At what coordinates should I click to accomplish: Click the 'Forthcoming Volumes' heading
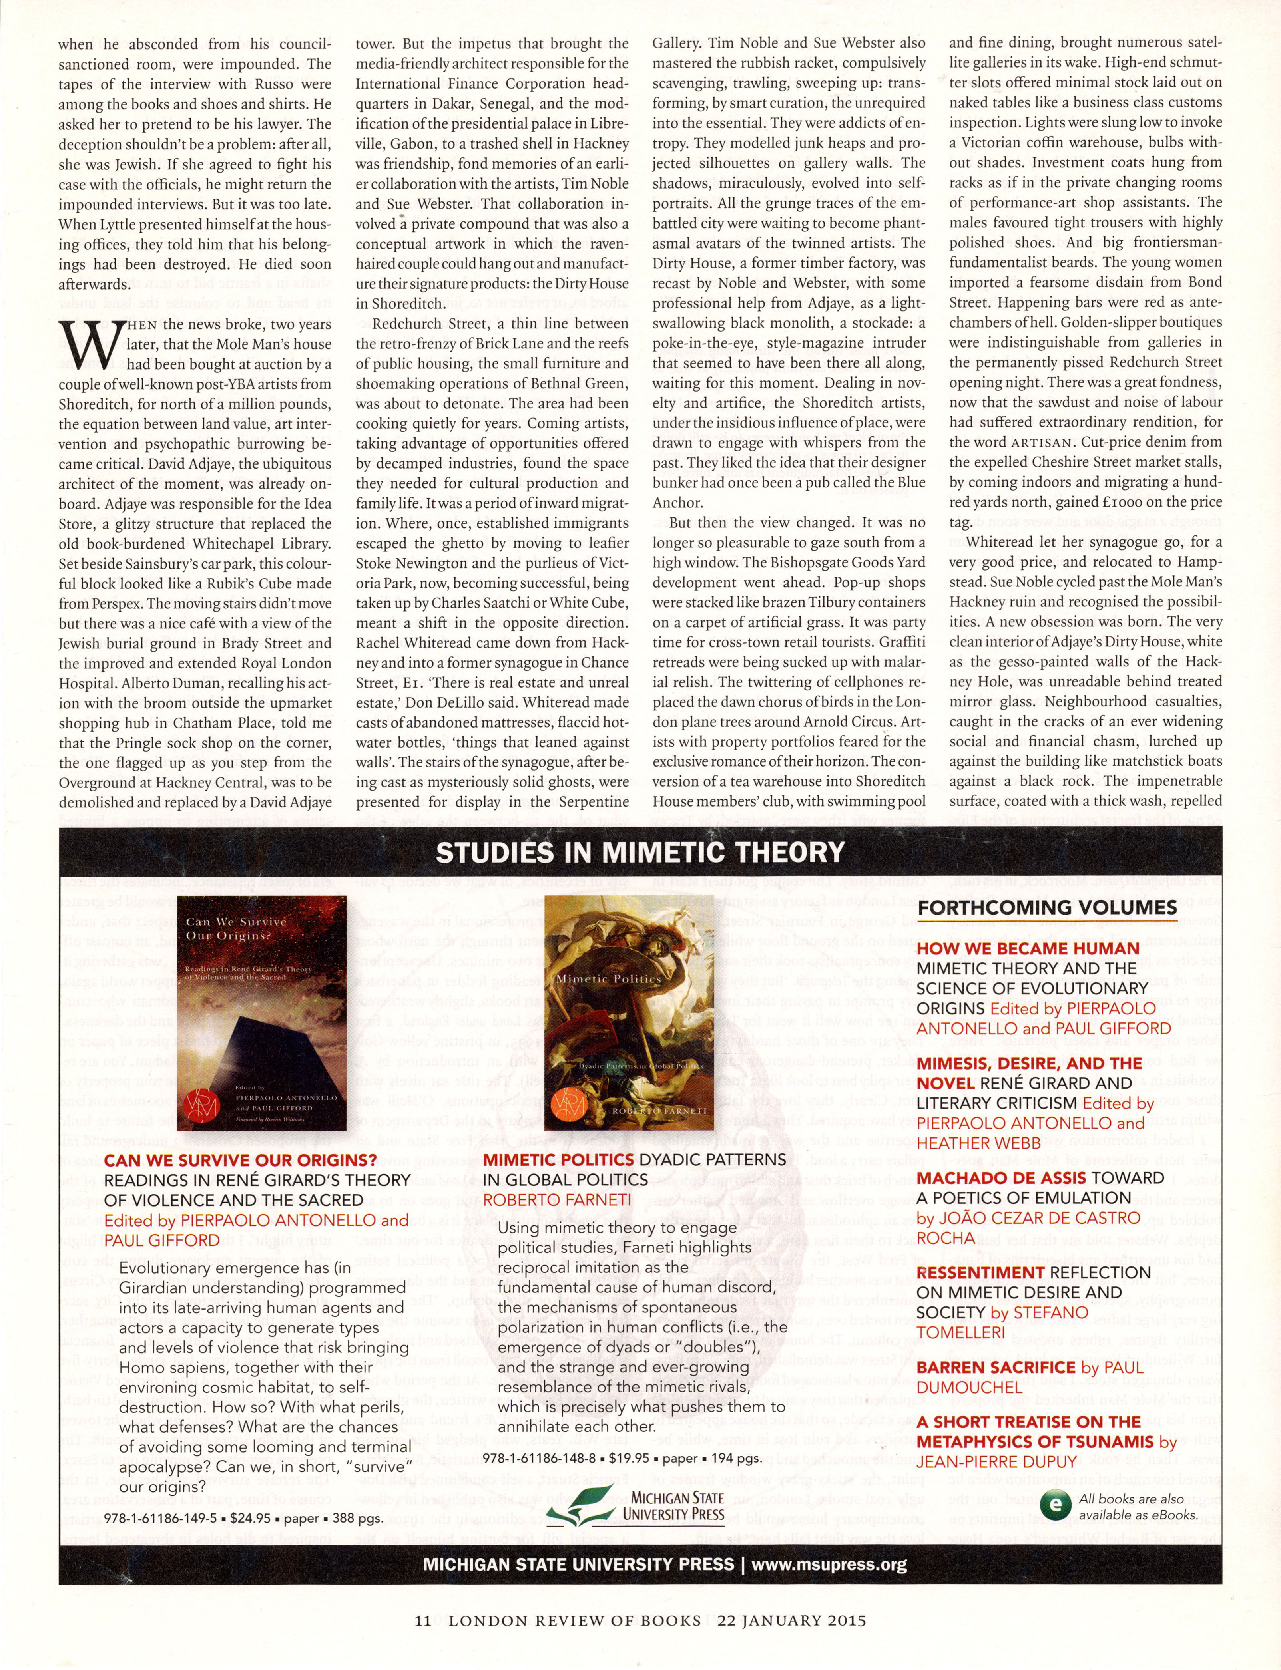pyautogui.click(x=1047, y=907)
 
